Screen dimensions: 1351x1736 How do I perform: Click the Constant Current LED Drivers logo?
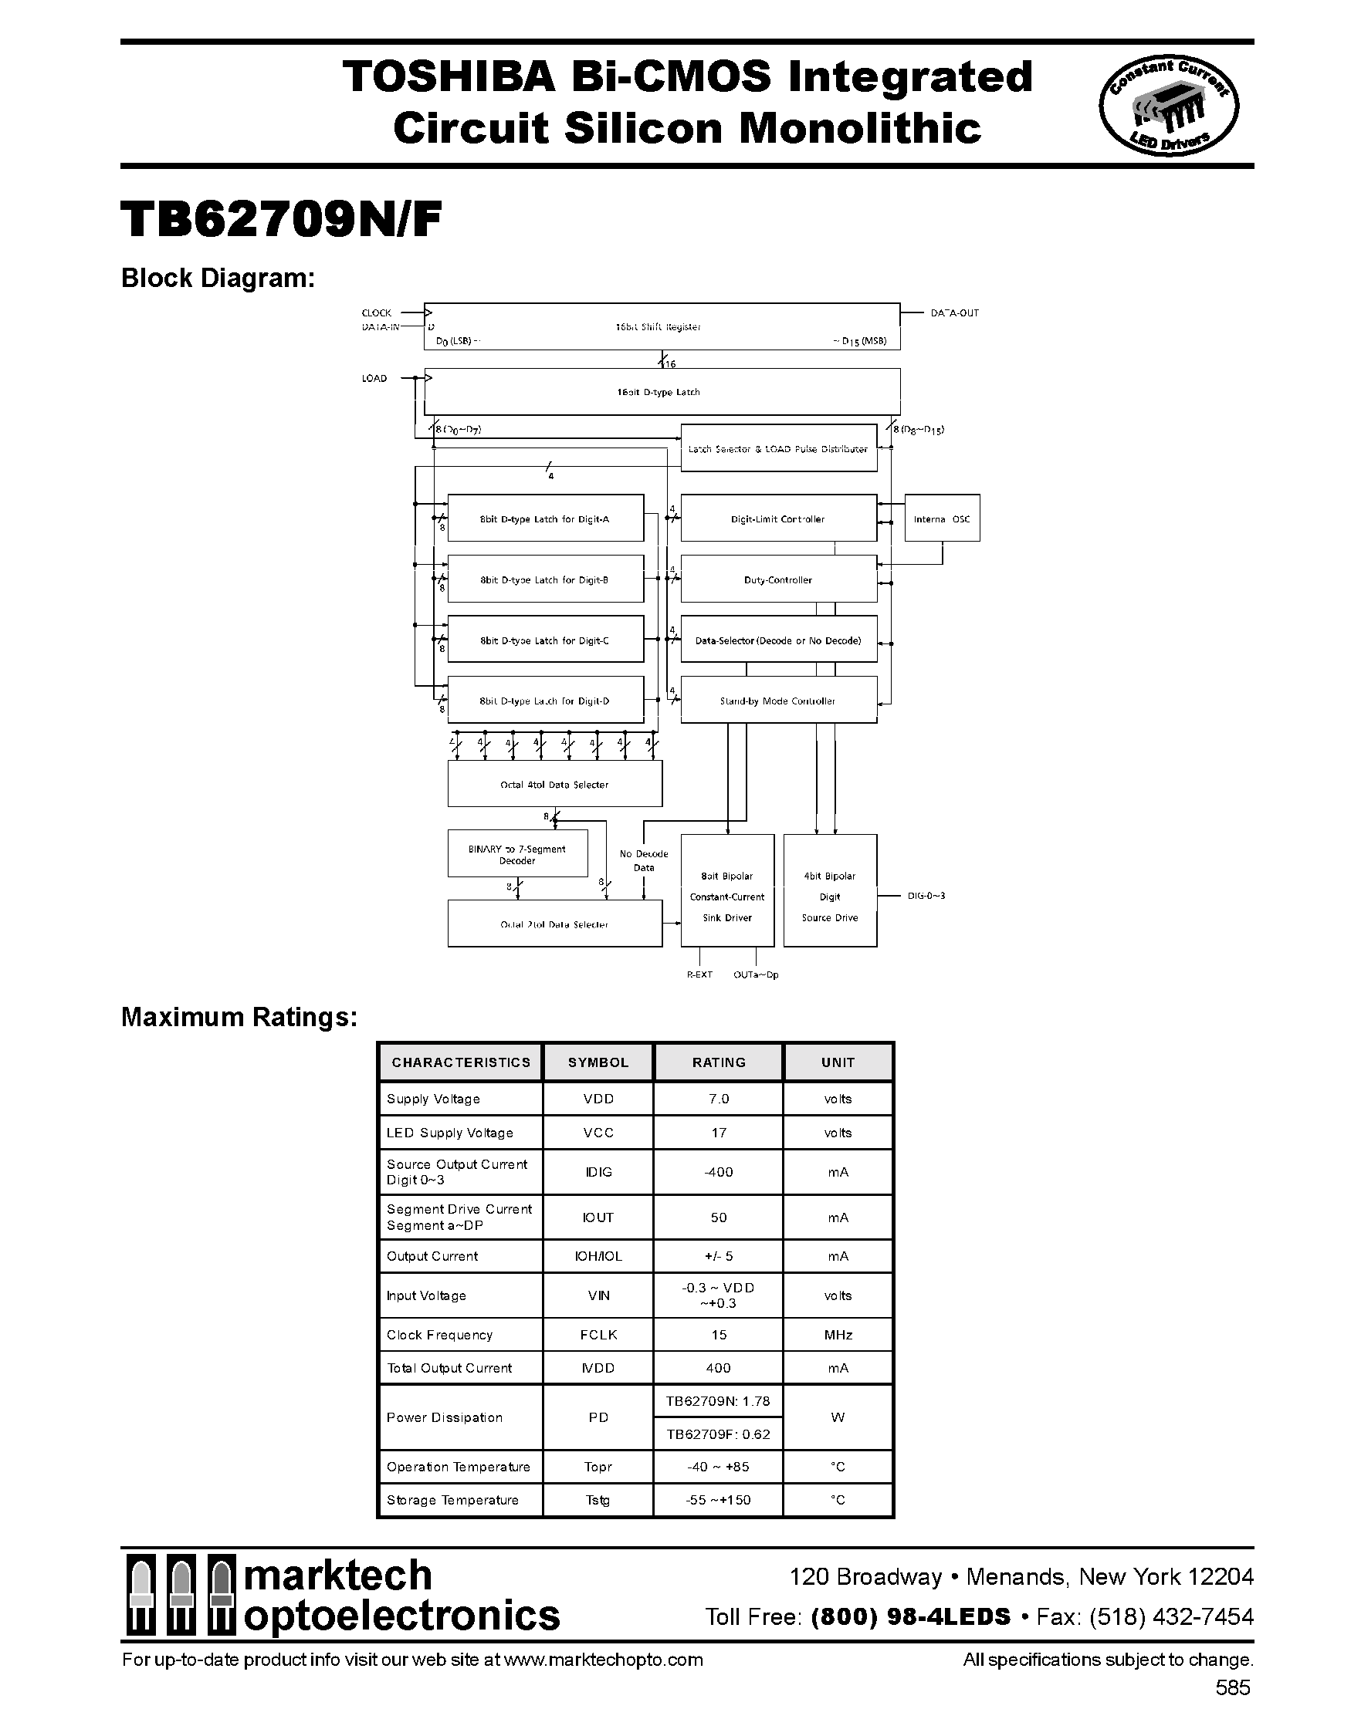coord(1167,107)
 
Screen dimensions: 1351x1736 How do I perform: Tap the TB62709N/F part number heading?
coord(281,219)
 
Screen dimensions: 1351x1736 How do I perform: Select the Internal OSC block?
coord(942,518)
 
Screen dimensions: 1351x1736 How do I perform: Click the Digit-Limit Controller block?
coord(777,518)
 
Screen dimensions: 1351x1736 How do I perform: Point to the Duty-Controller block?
coord(777,579)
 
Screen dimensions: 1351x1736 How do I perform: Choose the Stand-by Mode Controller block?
coord(777,701)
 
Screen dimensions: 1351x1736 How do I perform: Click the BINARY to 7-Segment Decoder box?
coord(517,854)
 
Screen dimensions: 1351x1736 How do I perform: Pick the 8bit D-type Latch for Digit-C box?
coord(545,640)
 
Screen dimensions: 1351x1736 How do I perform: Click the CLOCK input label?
coord(376,313)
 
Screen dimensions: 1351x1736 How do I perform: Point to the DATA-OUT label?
coord(954,313)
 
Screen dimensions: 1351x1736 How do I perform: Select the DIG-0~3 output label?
coord(926,896)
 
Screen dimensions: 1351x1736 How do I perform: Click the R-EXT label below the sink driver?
coord(699,974)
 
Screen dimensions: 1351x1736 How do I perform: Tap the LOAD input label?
coord(374,378)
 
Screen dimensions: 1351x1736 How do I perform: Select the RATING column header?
coord(718,1062)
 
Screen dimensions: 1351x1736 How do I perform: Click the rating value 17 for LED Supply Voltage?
coord(718,1133)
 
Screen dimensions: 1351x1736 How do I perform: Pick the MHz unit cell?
coord(838,1335)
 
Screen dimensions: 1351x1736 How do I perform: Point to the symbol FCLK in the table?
coord(598,1335)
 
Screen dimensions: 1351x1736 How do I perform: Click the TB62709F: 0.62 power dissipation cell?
coord(718,1434)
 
